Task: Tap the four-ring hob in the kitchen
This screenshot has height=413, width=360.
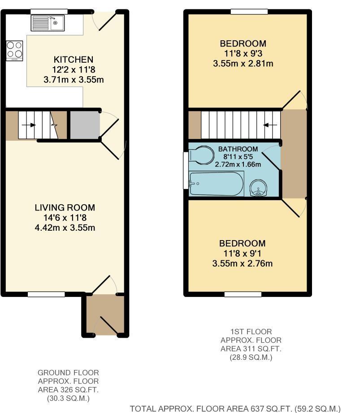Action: pos(14,50)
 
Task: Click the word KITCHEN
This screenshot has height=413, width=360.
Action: pos(74,60)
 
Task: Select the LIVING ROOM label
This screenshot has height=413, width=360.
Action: pos(65,208)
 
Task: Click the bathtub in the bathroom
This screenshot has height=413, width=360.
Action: pos(216,185)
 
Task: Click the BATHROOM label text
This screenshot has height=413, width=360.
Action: pos(238,149)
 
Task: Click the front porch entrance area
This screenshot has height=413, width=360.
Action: pos(104,315)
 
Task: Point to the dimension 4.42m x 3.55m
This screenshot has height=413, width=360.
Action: pos(65,228)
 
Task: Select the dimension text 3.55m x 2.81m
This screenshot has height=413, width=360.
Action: pos(243,64)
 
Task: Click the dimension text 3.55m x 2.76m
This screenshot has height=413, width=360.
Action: pos(242,263)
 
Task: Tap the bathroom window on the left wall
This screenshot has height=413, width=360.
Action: pos(186,170)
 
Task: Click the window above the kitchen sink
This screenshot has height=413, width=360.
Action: pos(49,11)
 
